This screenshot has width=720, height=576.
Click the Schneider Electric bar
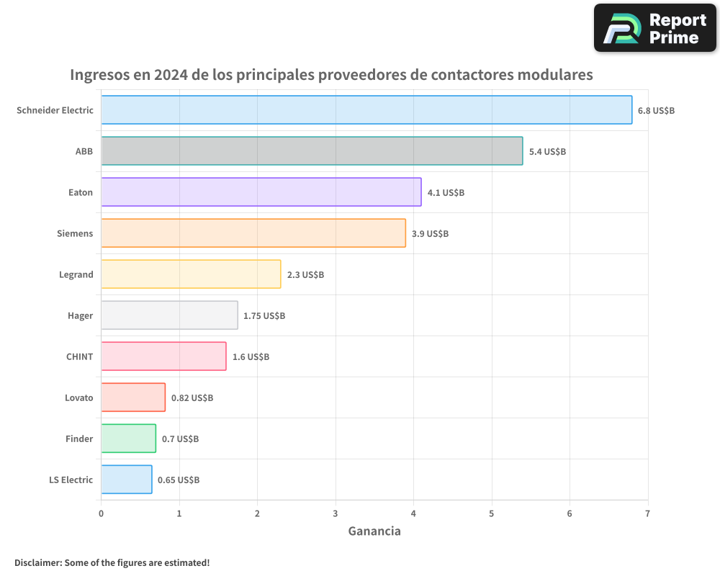tap(366, 110)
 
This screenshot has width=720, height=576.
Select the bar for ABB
tap(312, 151)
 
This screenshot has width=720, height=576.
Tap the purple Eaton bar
tap(261, 192)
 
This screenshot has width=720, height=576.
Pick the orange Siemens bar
tap(253, 233)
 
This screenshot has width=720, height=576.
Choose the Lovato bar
tap(133, 397)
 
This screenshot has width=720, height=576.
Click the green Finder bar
tap(128, 438)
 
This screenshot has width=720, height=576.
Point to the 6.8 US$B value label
tap(656, 111)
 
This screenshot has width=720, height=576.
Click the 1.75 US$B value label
tap(264, 316)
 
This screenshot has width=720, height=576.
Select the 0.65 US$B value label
tap(179, 480)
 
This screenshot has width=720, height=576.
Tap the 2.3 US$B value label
tap(305, 275)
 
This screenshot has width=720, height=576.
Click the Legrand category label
tap(76, 274)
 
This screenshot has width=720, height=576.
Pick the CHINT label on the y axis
tap(79, 356)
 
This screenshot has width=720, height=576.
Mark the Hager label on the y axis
tap(80, 315)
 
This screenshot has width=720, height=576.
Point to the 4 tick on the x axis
tap(413, 513)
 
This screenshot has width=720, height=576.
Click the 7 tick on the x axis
tap(647, 513)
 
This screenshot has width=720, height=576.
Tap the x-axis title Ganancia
tap(374, 531)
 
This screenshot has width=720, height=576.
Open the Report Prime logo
tap(654, 28)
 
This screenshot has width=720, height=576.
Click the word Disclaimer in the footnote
tap(37, 562)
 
